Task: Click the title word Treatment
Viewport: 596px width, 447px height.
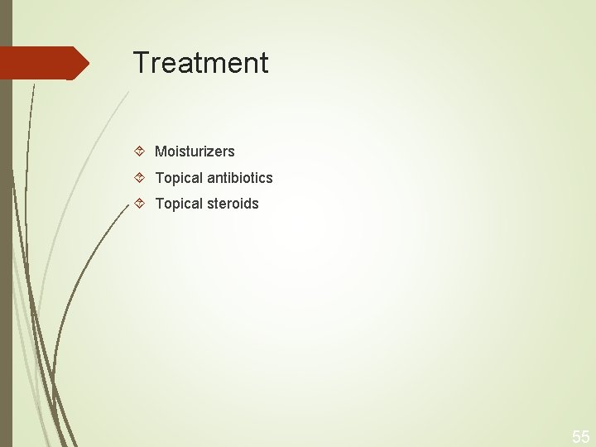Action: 200,63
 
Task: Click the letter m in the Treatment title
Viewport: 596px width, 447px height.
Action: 215,65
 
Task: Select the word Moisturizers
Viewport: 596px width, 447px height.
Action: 195,151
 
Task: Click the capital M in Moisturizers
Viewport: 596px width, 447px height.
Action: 161,151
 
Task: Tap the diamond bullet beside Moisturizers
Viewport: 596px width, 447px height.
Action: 140,151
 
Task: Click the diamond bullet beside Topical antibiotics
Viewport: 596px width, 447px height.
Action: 140,177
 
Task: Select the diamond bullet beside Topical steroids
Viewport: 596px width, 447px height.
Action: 140,203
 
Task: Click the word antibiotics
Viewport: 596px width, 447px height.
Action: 239,178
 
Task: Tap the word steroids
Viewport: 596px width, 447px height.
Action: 233,204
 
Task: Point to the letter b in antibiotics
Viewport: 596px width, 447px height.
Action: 234,178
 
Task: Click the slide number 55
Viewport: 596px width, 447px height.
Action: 580,437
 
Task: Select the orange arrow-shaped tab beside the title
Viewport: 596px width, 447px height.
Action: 41,63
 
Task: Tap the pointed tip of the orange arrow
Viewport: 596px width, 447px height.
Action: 87,63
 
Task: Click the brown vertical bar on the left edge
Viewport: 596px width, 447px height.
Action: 6,248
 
